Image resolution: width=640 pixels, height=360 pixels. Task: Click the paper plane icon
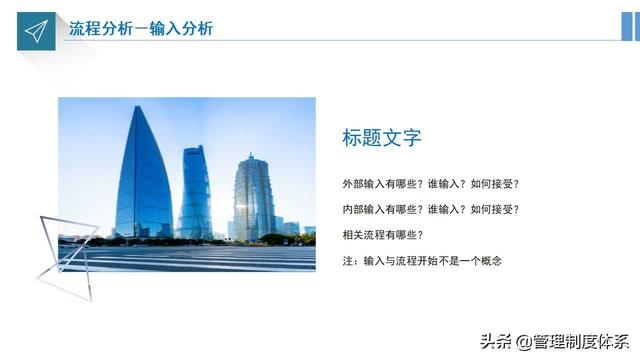tap(36, 31)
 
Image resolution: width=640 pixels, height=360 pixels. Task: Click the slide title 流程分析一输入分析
tap(141, 29)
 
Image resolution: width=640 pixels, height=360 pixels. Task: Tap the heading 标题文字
tap(382, 138)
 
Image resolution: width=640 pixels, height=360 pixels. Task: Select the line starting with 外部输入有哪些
tap(431, 184)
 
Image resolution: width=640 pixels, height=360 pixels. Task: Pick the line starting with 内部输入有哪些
tap(431, 209)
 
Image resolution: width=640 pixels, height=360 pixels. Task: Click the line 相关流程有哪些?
tap(383, 235)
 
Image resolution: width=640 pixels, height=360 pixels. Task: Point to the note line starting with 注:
tap(422, 261)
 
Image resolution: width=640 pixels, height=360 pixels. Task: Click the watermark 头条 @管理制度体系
tap(554, 341)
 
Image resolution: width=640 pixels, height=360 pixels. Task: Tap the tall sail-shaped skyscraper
tap(143, 176)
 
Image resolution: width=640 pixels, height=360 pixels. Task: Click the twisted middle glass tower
tap(195, 193)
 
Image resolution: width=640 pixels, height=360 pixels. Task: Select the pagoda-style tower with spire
tap(253, 198)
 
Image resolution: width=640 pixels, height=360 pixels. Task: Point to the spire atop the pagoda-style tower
tap(251, 156)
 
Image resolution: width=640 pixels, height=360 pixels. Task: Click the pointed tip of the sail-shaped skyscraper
tap(138, 107)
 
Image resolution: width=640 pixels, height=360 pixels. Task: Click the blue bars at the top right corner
tap(631, 27)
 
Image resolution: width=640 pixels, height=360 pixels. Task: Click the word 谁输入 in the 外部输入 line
tap(443, 184)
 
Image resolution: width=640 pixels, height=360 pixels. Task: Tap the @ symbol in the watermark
tap(524, 342)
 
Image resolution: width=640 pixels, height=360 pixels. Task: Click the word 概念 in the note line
tap(491, 261)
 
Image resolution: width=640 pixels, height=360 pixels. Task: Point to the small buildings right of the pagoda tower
tap(295, 229)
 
